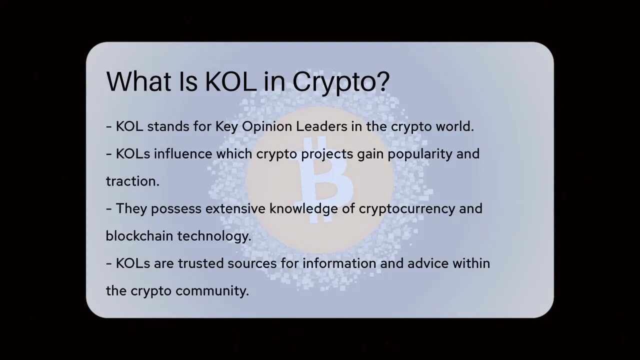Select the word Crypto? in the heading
340,82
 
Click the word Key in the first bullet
226,126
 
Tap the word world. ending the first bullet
454,126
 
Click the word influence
183,153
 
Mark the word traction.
132,181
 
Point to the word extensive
235,208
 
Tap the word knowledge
303,209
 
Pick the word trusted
200,263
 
